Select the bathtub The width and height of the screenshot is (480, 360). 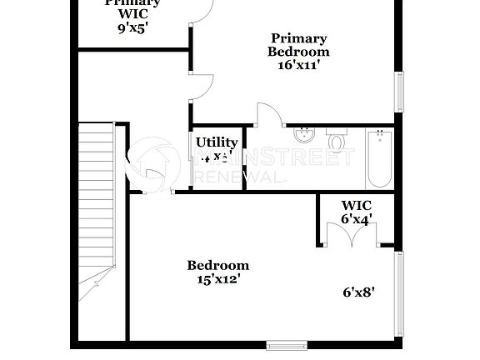point(378,159)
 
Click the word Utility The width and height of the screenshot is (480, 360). point(217,142)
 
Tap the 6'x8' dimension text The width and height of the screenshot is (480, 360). point(358,292)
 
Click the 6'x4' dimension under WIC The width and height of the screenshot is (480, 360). point(356,218)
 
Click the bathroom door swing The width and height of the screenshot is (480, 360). point(267,115)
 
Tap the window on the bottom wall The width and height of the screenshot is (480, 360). point(287,344)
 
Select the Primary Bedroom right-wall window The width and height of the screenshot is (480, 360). point(398,92)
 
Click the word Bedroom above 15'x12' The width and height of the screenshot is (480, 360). point(217,266)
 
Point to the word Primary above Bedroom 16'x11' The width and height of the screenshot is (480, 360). point(298,37)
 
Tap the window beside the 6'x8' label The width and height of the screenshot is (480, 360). point(398,292)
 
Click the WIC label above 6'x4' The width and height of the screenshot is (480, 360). point(356,205)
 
